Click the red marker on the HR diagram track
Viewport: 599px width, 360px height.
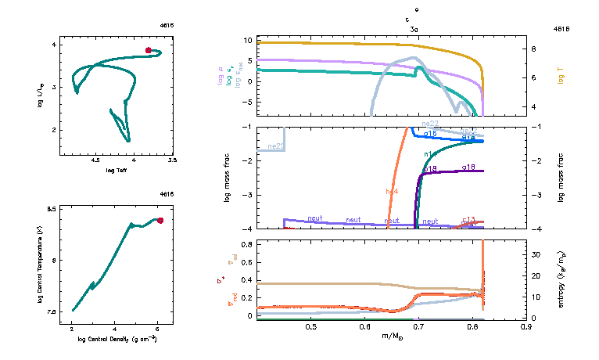[x=148, y=50]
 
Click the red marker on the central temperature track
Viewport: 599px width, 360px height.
[x=160, y=221]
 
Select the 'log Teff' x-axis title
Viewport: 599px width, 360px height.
[x=117, y=170]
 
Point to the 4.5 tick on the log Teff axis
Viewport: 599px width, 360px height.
[x=95, y=160]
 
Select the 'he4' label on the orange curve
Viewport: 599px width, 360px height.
[x=392, y=191]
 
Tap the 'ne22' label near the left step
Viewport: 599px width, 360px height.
[x=275, y=146]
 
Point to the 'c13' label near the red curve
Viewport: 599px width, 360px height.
[x=469, y=220]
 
